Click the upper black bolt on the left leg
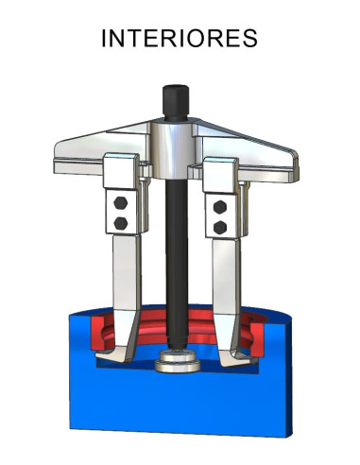(120, 203)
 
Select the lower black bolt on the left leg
(120, 222)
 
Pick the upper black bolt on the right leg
(221, 206)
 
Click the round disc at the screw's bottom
(178, 361)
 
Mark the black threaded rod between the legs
(176, 255)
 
